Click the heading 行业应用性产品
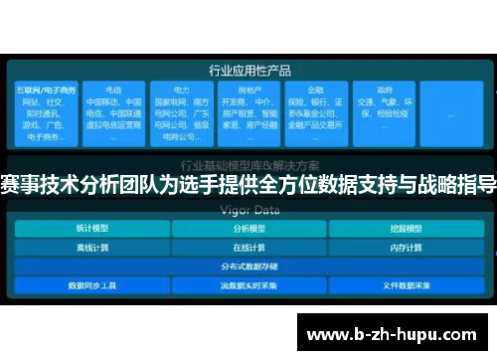click(x=248, y=71)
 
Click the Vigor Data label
click(x=248, y=210)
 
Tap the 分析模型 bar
click(x=248, y=229)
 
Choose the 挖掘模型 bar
click(x=406, y=229)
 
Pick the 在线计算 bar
click(x=248, y=248)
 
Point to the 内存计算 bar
click(x=406, y=248)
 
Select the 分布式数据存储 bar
click(x=248, y=267)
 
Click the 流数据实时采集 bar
click(x=248, y=285)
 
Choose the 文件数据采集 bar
click(x=406, y=285)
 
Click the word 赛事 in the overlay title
click(x=21, y=184)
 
